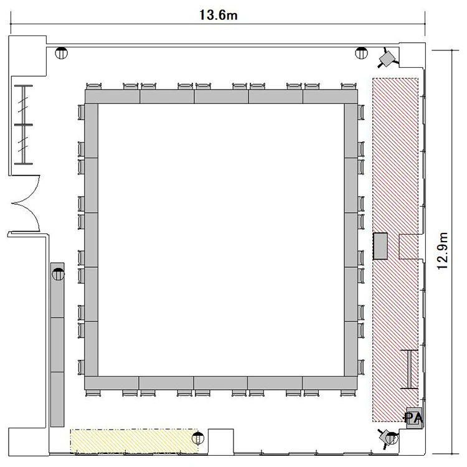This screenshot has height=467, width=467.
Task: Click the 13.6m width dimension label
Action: point(219,15)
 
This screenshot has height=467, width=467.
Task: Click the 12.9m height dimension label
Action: point(442,251)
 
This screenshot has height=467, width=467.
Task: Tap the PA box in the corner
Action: point(414,418)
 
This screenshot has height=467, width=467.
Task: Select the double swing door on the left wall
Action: point(26,204)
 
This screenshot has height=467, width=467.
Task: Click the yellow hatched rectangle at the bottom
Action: point(134,441)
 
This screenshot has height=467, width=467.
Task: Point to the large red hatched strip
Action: point(395,250)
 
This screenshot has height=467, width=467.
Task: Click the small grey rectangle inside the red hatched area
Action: point(380,246)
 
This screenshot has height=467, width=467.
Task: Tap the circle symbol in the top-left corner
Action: point(62,53)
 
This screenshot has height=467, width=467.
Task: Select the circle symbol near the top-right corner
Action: point(362,53)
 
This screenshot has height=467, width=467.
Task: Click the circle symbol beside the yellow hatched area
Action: point(198,438)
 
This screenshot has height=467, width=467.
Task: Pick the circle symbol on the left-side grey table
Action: point(58,274)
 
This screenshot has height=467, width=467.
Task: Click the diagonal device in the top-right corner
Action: point(388,58)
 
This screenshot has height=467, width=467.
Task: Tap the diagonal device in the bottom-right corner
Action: point(388,438)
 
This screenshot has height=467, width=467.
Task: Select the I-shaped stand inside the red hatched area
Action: point(410,369)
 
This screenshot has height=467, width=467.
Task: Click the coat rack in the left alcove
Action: point(23,125)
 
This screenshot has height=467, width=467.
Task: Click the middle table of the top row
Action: point(221,97)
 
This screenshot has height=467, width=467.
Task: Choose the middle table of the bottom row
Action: point(220,384)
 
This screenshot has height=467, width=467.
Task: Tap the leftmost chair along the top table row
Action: point(94,87)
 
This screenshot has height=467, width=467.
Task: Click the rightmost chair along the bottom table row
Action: point(349,393)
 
